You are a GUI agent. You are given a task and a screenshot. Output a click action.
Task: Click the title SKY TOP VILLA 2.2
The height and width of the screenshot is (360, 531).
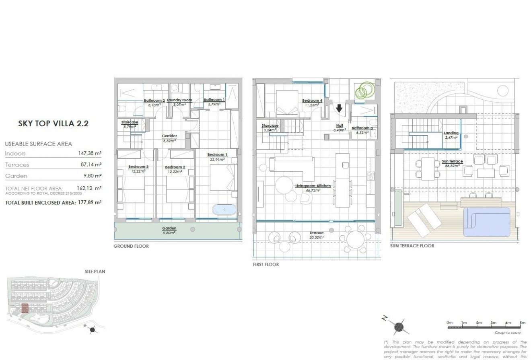pyautogui.click(x=53, y=123)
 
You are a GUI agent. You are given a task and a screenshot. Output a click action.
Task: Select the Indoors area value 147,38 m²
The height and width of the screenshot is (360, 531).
pyautogui.click(x=89, y=153)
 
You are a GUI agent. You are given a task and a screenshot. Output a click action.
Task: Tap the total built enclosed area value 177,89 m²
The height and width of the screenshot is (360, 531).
pyautogui.click(x=89, y=203)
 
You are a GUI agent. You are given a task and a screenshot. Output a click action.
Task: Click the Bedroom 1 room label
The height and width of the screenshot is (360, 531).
pyautogui.click(x=217, y=155)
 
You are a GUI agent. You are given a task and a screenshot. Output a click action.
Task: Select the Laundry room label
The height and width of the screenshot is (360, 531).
pyautogui.click(x=179, y=100)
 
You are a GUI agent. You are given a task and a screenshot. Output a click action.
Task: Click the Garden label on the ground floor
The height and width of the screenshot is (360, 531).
pyautogui.click(x=169, y=228)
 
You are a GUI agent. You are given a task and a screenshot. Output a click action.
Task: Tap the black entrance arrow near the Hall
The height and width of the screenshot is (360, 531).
pyautogui.click(x=339, y=108)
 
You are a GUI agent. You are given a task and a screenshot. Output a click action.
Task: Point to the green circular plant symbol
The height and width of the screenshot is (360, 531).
pyautogui.click(x=364, y=90)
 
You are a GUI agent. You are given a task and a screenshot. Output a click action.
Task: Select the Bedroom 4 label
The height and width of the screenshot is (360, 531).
pyautogui.click(x=312, y=101)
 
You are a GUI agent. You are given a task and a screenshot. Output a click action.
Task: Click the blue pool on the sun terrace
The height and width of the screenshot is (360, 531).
pyautogui.click(x=487, y=221)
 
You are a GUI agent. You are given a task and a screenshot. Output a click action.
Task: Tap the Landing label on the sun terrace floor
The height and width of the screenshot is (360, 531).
pyautogui.click(x=451, y=133)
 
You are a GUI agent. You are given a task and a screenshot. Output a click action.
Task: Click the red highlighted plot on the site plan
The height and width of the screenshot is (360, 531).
pyautogui.click(x=25, y=309)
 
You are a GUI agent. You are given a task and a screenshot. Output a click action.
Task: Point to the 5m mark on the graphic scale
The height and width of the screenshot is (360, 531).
pyautogui.click(x=522, y=323)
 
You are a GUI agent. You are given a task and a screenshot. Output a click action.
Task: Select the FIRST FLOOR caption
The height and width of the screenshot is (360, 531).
pyautogui.click(x=265, y=265)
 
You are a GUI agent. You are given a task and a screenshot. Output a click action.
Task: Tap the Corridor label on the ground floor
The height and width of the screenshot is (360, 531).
pyautogui.click(x=169, y=136)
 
